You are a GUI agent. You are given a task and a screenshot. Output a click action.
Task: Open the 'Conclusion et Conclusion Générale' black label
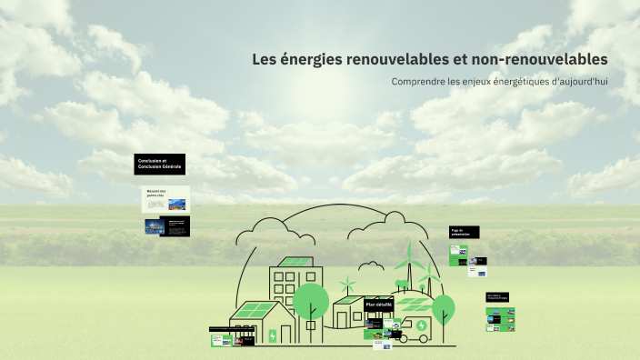tap(161, 165)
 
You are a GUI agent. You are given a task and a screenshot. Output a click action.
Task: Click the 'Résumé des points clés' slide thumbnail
tap(166, 199)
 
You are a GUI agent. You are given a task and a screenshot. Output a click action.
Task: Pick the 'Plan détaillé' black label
tap(379, 305)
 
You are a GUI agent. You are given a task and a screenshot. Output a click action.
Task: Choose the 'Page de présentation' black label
tap(464, 233)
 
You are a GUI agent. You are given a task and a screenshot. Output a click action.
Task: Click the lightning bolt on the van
tap(421, 325)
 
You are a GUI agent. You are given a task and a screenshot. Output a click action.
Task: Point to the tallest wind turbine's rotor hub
tap(409, 262)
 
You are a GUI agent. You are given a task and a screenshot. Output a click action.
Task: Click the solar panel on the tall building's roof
tap(294, 263)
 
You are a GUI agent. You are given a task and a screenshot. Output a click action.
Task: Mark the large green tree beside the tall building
tap(311, 301)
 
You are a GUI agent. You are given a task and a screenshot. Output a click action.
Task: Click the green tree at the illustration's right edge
tap(443, 306)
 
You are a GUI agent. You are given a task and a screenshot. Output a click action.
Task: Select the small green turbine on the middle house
tap(347, 284)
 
